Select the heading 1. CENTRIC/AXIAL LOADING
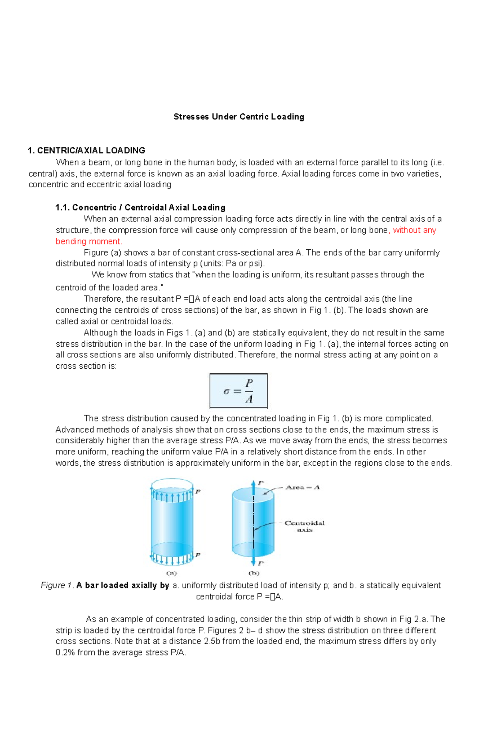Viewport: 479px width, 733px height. [86, 151]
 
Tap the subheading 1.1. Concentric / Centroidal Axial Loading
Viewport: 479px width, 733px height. [141, 207]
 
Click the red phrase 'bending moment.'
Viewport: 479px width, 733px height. [89, 241]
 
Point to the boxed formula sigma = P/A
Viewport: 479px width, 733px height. [238, 391]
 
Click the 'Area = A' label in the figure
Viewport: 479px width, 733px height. [303, 487]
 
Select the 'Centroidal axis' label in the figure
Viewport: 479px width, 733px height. [305, 526]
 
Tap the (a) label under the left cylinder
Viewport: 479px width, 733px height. [171, 573]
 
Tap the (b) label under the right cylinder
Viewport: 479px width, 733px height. [254, 573]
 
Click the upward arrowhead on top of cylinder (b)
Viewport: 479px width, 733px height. [253, 483]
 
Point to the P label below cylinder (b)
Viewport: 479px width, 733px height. [261, 563]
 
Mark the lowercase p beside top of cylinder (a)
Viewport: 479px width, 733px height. [198, 492]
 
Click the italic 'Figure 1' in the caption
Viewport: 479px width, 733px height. [57, 585]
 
